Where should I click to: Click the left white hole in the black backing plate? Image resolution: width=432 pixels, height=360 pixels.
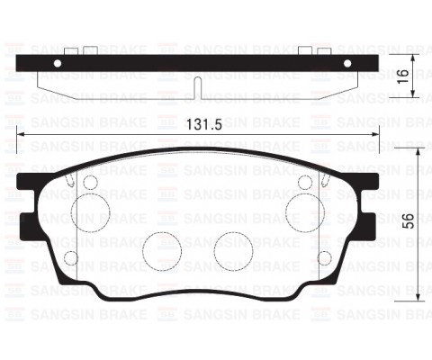[x=58, y=64]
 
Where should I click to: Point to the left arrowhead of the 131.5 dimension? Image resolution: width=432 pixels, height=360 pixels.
[x=22, y=137]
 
